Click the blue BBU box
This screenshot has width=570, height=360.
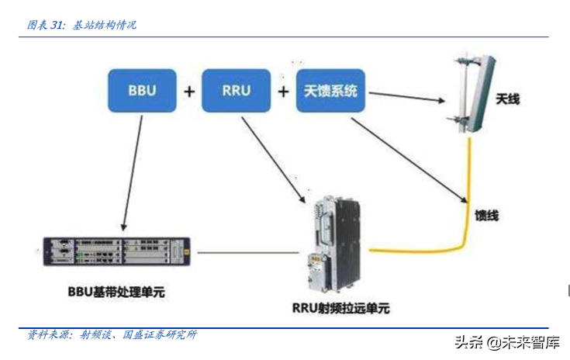[x=142, y=91]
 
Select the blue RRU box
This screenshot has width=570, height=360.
[x=237, y=91]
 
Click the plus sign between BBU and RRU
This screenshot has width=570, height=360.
[x=189, y=92]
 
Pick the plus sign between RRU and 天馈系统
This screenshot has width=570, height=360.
[x=284, y=92]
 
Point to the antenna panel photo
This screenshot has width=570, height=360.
[x=469, y=92]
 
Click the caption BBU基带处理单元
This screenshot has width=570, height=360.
[x=116, y=292]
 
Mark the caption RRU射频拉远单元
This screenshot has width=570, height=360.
[x=340, y=308]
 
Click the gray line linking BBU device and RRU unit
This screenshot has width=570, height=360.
[x=248, y=253]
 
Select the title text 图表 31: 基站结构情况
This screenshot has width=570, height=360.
[x=82, y=26]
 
